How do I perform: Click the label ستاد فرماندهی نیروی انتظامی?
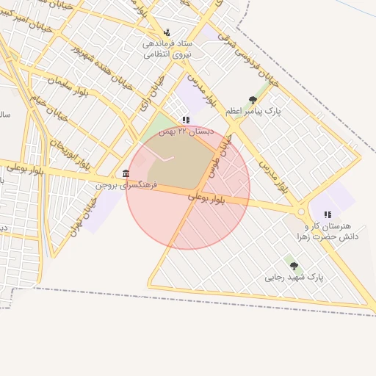click(x=167, y=48)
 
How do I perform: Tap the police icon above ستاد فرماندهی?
click(x=167, y=32)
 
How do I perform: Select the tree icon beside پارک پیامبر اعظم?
click(x=253, y=100)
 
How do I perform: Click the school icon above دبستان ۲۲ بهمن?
click(x=187, y=120)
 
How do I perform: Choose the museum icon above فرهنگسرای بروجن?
click(x=126, y=174)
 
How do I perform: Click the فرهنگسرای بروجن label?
click(x=115, y=186)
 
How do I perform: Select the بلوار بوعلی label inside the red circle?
click(x=213, y=198)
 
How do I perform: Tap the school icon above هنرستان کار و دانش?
click(x=325, y=214)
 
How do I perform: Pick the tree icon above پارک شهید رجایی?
click(x=294, y=266)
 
